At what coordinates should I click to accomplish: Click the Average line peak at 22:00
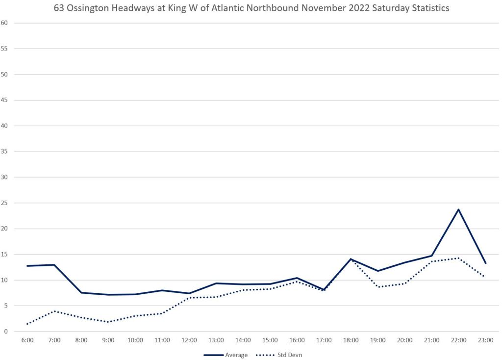[459, 209]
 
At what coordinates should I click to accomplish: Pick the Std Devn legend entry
[286, 355]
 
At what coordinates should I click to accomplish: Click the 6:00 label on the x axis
[27, 339]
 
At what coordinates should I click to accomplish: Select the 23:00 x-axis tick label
[486, 339]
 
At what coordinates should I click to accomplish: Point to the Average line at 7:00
[54, 265]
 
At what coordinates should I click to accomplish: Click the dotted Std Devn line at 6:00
[27, 324]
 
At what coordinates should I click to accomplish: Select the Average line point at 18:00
[351, 259]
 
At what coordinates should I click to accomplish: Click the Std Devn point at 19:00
[378, 287]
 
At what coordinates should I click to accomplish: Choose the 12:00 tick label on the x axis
[189, 339]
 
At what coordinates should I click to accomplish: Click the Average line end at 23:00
[486, 263]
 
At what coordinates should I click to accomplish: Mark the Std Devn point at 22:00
[459, 258]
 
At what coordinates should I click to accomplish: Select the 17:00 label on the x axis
[324, 339]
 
